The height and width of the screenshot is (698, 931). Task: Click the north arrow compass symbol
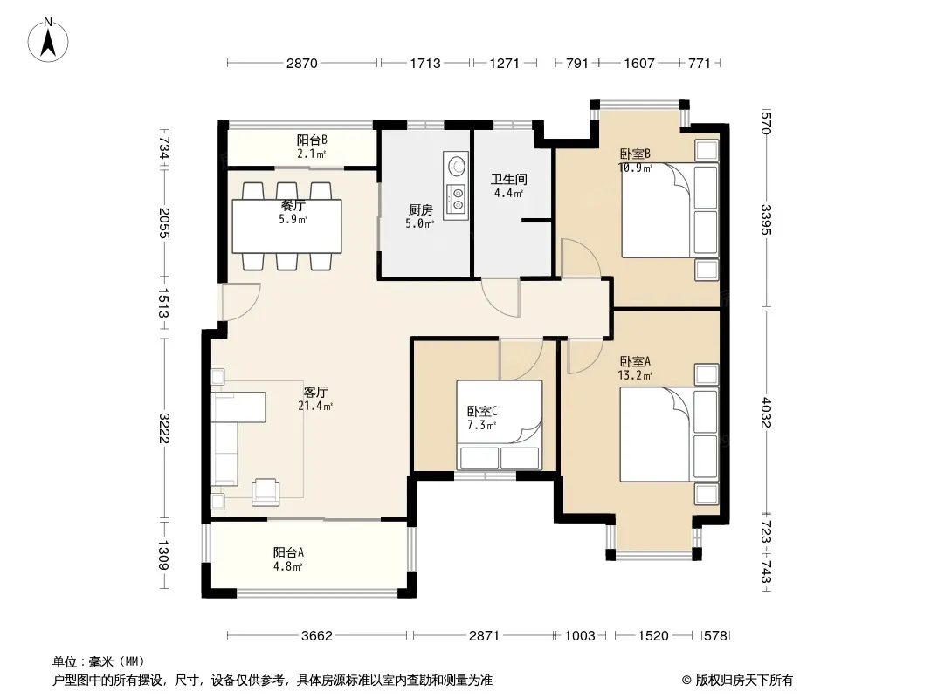(x=48, y=40)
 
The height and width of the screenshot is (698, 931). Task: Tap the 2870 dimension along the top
(x=302, y=64)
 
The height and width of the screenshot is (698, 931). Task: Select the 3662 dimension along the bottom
(x=316, y=636)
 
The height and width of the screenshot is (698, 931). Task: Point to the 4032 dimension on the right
(x=767, y=412)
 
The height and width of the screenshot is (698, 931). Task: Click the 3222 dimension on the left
(x=164, y=428)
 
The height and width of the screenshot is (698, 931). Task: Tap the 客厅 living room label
(x=315, y=392)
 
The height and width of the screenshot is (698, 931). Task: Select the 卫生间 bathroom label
(x=508, y=179)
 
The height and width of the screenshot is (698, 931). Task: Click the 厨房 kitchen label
(x=420, y=210)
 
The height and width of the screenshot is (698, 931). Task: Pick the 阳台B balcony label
(x=312, y=140)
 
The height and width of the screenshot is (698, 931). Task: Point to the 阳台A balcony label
(x=288, y=552)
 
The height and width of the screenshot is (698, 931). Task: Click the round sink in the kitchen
(x=456, y=166)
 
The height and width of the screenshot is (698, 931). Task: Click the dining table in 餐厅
(x=286, y=227)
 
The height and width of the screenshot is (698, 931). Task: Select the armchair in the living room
(x=266, y=491)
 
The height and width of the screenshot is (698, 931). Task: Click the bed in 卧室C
(x=500, y=425)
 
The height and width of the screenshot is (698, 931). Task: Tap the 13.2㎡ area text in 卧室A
(x=635, y=375)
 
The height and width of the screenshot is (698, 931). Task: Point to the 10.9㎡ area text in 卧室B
(x=635, y=168)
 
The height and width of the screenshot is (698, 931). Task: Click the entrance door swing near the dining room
(x=240, y=303)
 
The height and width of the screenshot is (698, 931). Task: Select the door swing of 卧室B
(x=580, y=258)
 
